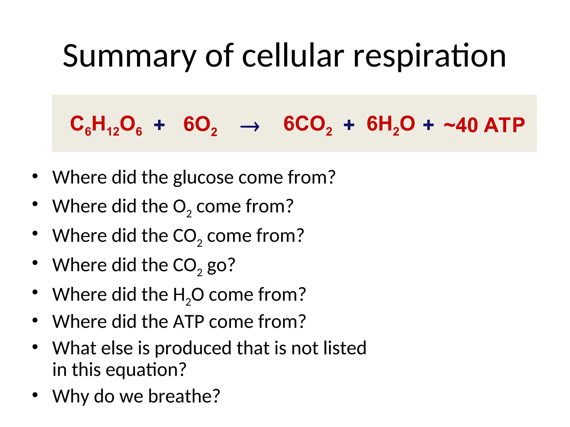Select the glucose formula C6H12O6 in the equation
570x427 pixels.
coord(106,125)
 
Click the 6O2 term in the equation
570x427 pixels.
coord(200,125)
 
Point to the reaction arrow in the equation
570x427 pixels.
coord(250,127)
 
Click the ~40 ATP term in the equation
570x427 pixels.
coord(484,125)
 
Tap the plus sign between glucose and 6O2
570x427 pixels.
coord(159,125)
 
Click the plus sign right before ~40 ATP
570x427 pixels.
coord(428,125)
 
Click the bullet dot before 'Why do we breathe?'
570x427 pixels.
coord(35,395)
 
